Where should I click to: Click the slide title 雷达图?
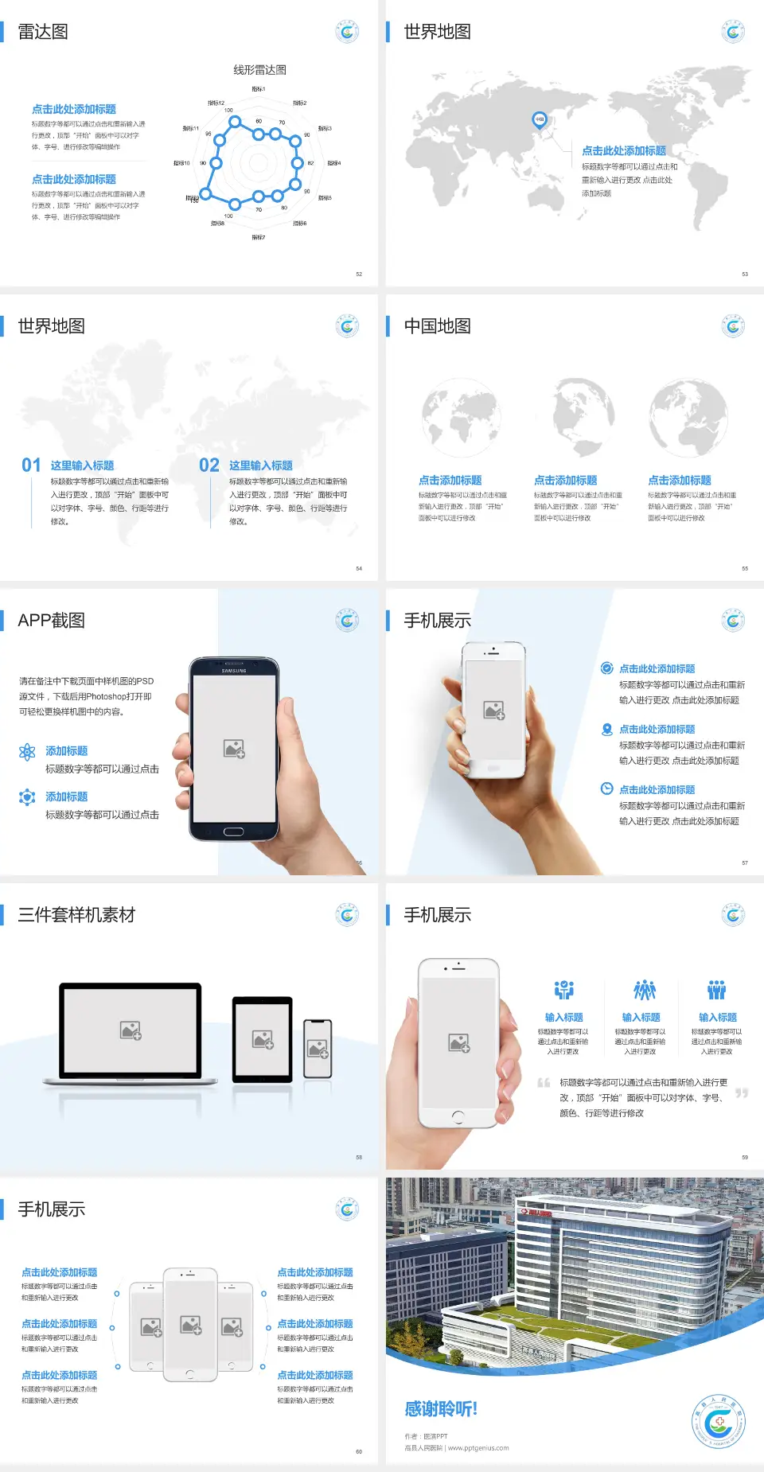43,32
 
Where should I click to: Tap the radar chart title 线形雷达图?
259,70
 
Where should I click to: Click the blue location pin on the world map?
539,120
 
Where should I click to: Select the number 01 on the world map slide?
31,465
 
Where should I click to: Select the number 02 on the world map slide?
209,465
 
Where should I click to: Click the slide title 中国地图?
437,326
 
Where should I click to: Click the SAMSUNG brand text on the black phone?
233,671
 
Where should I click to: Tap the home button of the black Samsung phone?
233,831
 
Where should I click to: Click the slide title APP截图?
51,621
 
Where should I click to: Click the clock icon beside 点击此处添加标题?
606,789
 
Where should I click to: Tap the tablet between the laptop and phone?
263,1039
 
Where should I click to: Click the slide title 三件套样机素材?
76,915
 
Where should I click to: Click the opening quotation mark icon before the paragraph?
544,1083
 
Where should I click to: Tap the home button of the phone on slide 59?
458,1117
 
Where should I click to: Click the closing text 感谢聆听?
441,1409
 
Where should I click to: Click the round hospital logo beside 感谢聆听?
718,1421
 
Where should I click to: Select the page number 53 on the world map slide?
745,274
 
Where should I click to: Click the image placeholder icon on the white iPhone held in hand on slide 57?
494,710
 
